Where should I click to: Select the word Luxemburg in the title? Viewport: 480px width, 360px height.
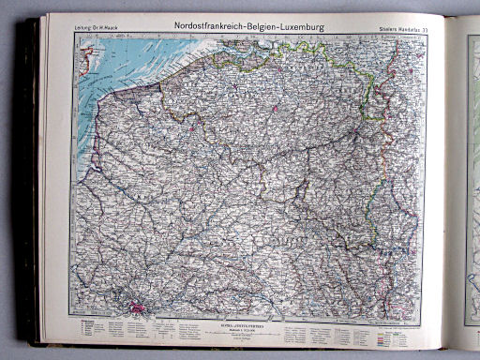306,28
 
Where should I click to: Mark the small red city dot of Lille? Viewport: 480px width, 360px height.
193,123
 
